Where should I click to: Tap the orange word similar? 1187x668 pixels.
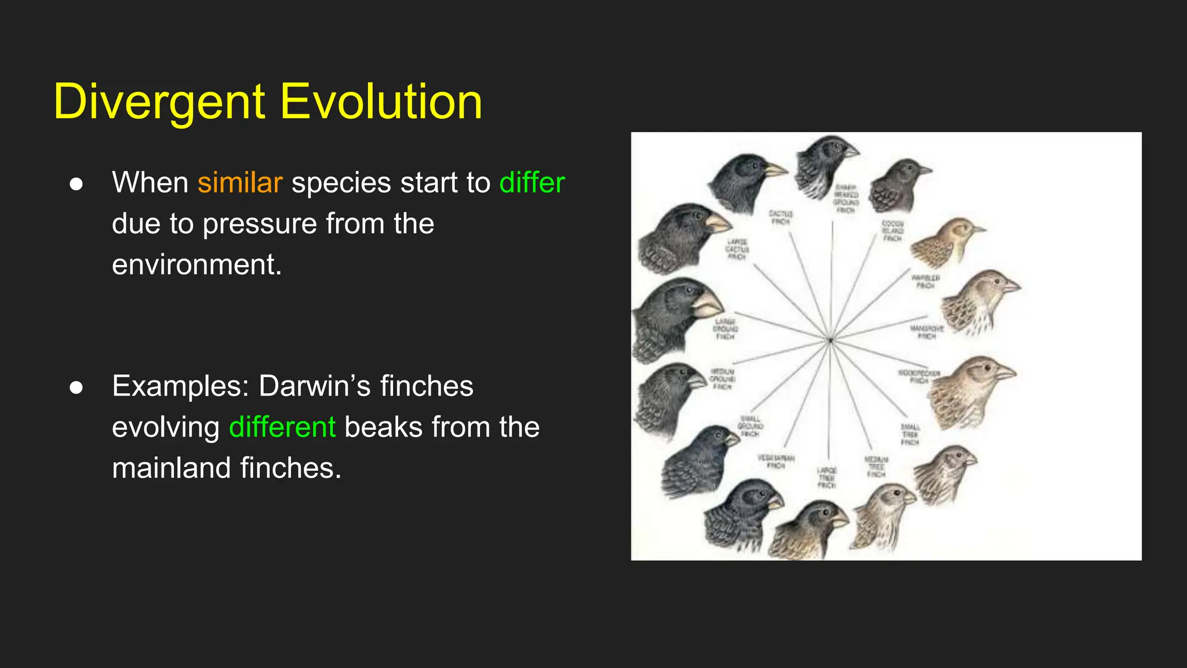tap(240, 183)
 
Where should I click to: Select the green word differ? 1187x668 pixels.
tap(531, 183)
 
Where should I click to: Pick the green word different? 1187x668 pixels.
tap(282, 427)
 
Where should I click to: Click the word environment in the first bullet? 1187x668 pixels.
tap(196, 264)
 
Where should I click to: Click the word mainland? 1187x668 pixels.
tap(172, 468)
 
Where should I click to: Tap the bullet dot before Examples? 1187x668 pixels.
tap(76, 387)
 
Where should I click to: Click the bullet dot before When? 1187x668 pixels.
tap(76, 184)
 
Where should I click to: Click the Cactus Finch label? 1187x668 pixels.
tap(781, 217)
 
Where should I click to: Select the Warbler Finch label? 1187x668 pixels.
tap(925, 282)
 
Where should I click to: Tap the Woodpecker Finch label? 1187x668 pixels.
tap(919, 377)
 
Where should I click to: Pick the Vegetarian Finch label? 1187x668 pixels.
tap(776, 462)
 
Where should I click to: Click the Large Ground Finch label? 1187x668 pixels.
tap(725, 329)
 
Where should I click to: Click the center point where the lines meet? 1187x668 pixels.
tap(830, 340)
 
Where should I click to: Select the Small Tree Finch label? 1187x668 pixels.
tap(909, 435)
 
